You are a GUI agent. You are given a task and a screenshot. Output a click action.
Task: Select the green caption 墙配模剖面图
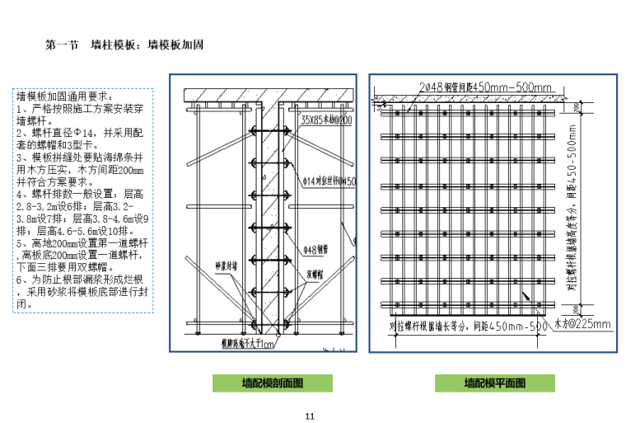click(273, 383)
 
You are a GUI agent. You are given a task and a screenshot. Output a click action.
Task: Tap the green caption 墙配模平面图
click(493, 383)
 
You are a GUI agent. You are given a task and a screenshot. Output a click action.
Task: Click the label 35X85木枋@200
click(327, 120)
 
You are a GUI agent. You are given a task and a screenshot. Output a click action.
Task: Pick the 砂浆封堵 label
click(226, 266)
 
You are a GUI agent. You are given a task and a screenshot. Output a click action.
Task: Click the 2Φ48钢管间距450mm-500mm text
click(485, 87)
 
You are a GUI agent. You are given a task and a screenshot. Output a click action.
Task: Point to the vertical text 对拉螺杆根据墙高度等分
click(572, 247)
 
